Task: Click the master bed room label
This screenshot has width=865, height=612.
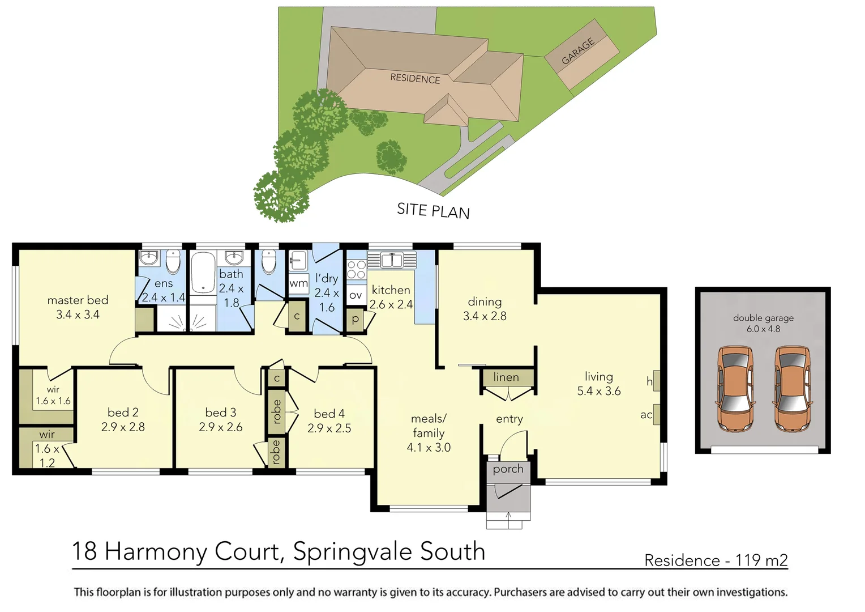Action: pos(78,300)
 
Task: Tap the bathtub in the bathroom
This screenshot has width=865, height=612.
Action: pos(203,273)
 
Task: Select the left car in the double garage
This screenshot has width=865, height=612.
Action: pos(735,389)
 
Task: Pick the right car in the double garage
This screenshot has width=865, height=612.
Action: pos(792,389)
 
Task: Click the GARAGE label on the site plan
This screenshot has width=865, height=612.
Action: pos(578,51)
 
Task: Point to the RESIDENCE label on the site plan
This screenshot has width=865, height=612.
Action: pos(415,78)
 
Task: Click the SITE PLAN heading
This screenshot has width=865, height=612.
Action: pos(433,211)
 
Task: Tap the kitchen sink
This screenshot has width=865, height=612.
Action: pos(391,260)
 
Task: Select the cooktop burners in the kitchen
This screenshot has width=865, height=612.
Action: pos(356,270)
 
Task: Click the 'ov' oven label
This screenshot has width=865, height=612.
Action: pos(356,295)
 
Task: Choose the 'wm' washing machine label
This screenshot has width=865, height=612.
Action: pos(298,283)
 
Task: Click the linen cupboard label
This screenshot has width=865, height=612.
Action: pos(506,377)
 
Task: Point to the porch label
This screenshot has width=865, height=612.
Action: pos(508,469)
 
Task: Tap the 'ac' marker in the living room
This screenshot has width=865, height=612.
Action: pos(646,415)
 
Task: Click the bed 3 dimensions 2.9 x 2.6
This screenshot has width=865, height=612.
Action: pos(221,427)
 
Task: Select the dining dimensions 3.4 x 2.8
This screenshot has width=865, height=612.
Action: pos(485,316)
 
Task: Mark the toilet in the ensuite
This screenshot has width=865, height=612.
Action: pos(173,262)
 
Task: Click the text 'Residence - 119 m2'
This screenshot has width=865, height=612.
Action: pos(716,560)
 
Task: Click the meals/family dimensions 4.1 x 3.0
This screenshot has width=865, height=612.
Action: pos(429,448)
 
